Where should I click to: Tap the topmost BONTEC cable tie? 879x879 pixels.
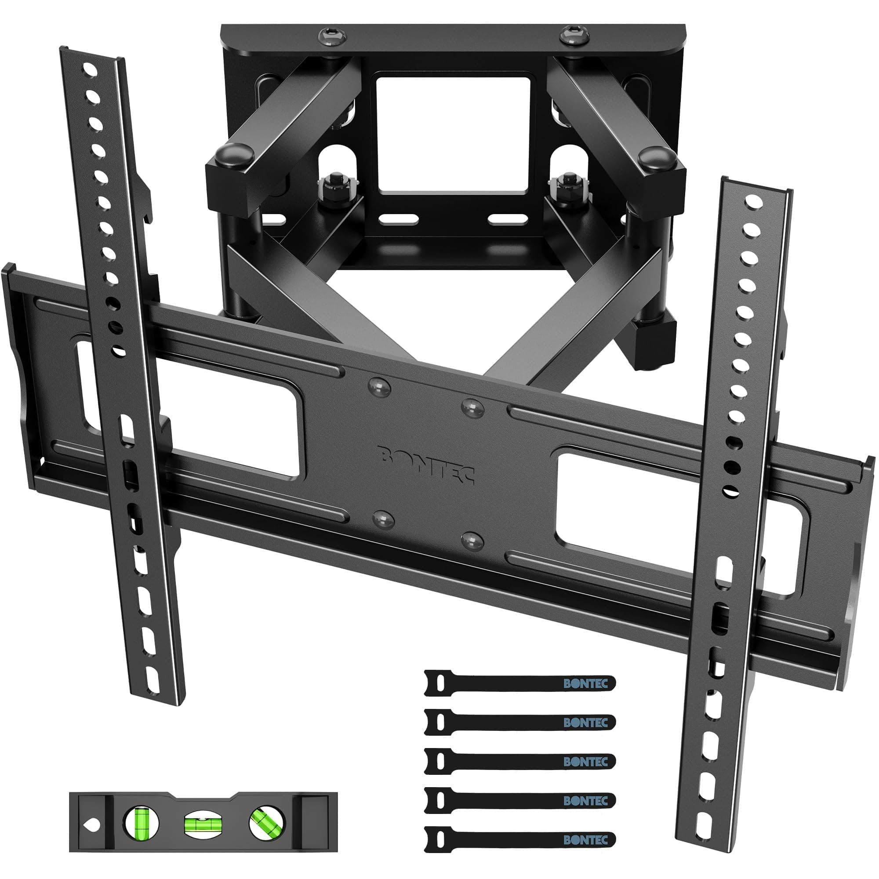519,683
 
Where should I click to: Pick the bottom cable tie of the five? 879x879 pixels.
519,839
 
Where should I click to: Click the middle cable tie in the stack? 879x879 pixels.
519,761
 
